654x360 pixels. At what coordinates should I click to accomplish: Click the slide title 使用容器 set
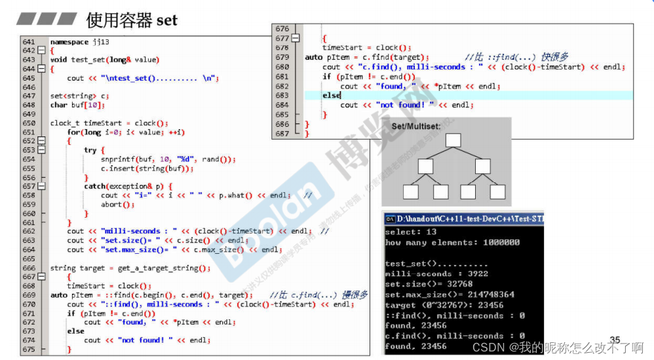pos(132,20)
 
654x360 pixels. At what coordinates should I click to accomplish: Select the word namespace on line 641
pos(70,42)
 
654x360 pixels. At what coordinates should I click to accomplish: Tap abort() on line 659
pos(117,205)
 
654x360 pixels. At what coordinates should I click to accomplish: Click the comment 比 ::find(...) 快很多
pos(516,57)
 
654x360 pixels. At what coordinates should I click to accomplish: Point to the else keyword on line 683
pos(332,96)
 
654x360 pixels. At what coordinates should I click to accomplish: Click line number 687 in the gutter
pos(282,134)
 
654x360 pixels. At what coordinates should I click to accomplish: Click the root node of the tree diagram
pos(453,140)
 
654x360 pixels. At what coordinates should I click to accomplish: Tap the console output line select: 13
pos(411,232)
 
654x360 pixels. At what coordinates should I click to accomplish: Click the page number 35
pos(615,340)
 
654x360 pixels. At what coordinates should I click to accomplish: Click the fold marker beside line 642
pos(41,50)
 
